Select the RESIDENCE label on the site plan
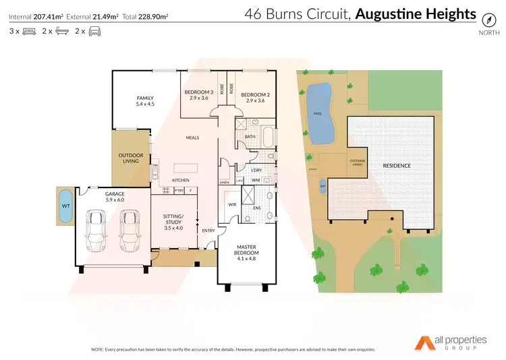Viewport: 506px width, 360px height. coord(397,165)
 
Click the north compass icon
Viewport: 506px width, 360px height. coord(485,21)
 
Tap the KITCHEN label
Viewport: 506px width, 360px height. coord(180,180)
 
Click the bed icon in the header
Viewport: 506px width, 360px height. coord(29,31)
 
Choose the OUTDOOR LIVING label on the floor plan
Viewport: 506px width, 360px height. coord(131,158)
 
